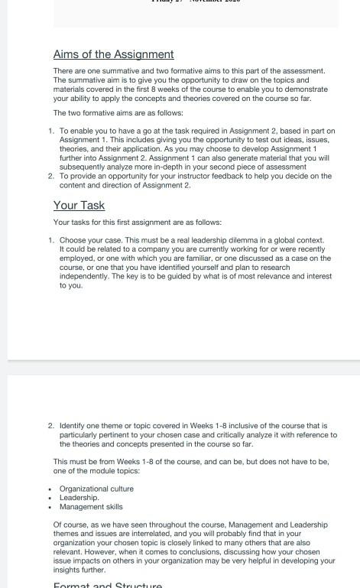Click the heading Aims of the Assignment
pyautogui.click(x=113, y=54)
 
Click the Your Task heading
pyautogui.click(x=79, y=205)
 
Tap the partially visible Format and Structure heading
pyautogui.click(x=107, y=585)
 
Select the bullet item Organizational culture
pyautogui.click(x=96, y=489)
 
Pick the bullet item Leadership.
pyautogui.click(x=79, y=498)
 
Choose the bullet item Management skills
pyautogui.click(x=91, y=506)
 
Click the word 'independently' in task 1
pyautogui.click(x=84, y=277)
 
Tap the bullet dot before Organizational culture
pyautogui.click(x=50, y=489)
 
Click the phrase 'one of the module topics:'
pyautogui.click(x=96, y=471)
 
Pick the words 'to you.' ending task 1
pyautogui.click(x=71, y=286)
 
